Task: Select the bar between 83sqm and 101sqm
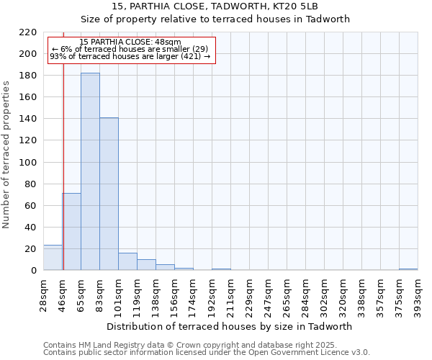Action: (x=109, y=194)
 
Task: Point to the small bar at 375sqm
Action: (x=408, y=269)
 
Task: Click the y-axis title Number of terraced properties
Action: (x=6, y=154)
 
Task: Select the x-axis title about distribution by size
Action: (x=234, y=326)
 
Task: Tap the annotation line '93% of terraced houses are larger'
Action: (x=130, y=56)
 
